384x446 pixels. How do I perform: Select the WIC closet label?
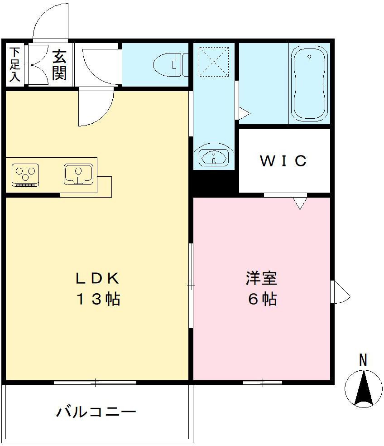[x=284, y=160]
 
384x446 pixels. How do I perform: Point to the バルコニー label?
[x=96, y=412]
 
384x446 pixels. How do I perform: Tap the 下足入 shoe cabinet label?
[x=15, y=64]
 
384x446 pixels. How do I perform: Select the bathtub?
[x=309, y=85]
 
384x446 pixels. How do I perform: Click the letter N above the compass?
[x=363, y=360]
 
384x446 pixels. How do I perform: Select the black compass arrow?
[x=364, y=388]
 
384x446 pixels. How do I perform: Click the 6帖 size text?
[x=262, y=299]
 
